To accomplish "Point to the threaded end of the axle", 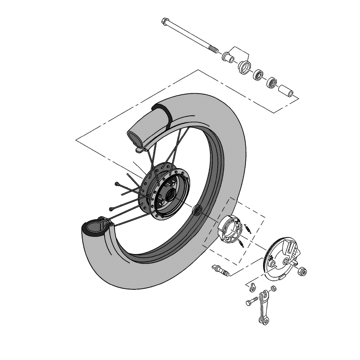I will pyautogui.click(x=214, y=49).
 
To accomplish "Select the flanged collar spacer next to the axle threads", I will pyautogui.click(x=227, y=57).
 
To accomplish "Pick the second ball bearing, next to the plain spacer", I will pyautogui.click(x=272, y=83).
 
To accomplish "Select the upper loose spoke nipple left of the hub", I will pyautogui.click(x=117, y=184).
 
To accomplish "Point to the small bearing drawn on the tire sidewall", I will pyautogui.click(x=198, y=211).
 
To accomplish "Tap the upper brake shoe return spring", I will pyautogui.click(x=247, y=228).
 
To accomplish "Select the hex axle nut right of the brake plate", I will pyautogui.click(x=302, y=271).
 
